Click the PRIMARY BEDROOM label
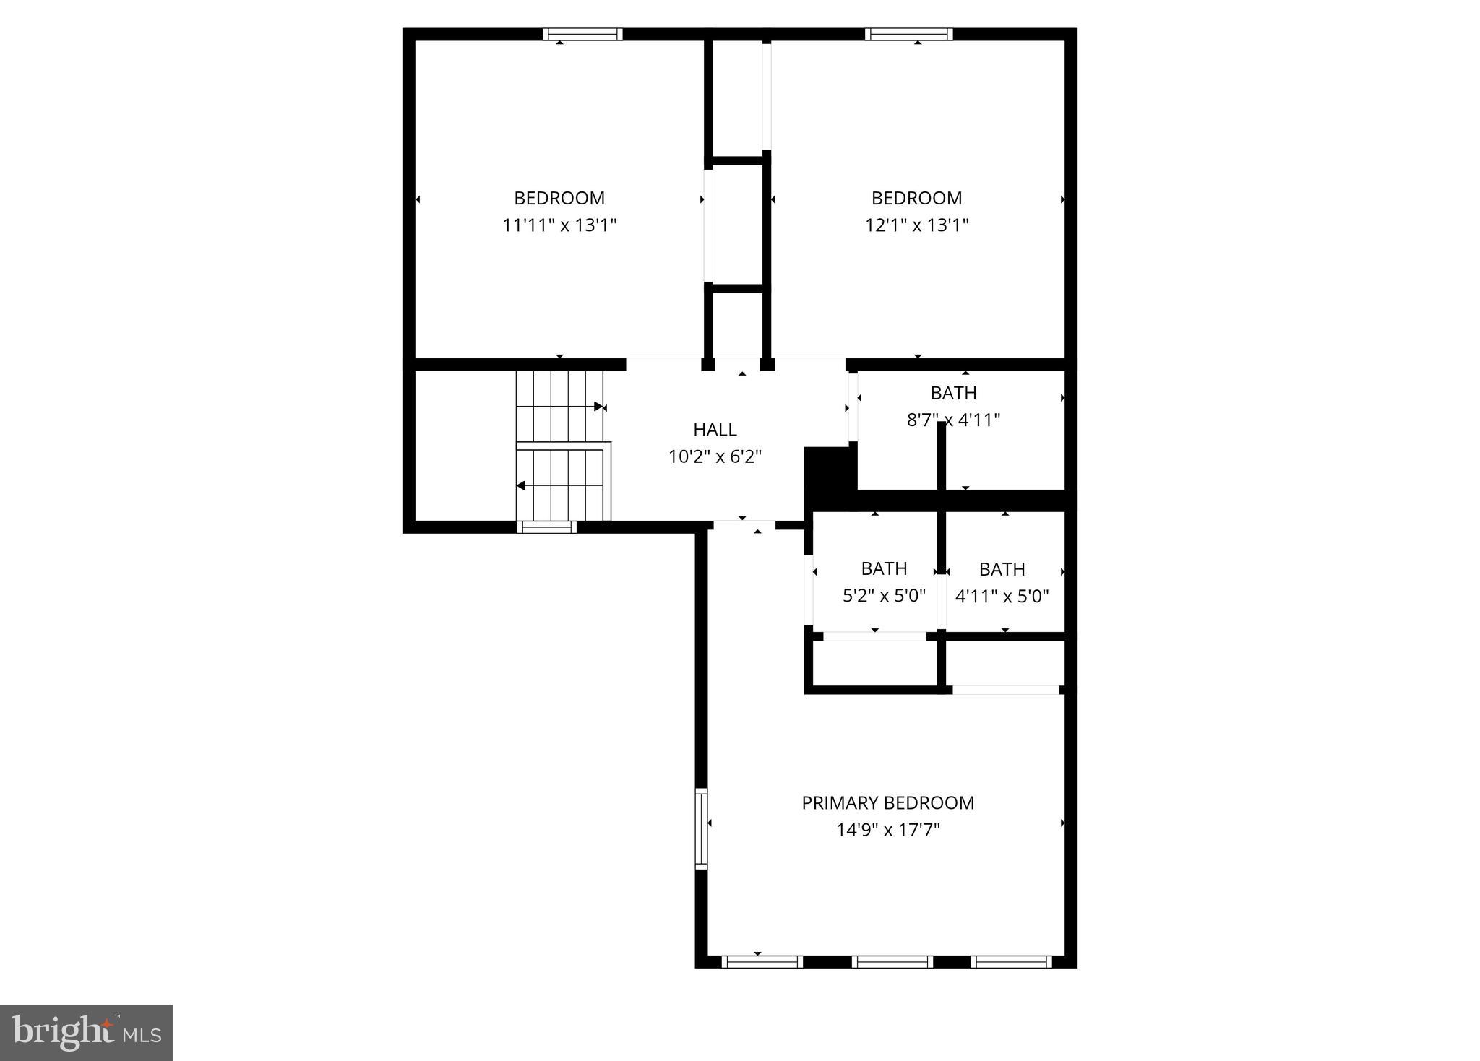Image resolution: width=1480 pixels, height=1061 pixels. (887, 802)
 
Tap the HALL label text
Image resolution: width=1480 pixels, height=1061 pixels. (715, 430)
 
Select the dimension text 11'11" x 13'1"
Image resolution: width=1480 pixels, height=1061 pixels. (559, 225)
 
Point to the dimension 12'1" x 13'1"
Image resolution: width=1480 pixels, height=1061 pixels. (916, 225)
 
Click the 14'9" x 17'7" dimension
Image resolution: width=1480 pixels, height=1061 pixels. (887, 830)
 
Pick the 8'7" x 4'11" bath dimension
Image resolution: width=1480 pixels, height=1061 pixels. (953, 420)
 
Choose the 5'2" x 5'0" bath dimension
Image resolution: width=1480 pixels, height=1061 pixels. (884, 596)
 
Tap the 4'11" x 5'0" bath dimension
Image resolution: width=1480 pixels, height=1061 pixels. (1002, 597)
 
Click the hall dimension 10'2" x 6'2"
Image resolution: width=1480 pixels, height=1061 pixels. (715, 456)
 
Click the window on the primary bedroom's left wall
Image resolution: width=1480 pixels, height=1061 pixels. (700, 828)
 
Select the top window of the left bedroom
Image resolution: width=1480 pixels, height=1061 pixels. (582, 34)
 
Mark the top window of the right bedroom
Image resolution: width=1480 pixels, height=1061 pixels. (908, 34)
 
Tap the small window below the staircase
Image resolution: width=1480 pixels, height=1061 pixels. (546, 527)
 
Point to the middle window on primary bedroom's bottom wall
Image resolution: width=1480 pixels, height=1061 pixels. (892, 962)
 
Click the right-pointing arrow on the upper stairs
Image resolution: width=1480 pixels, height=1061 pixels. (597, 407)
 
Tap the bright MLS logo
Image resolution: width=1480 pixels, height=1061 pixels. (86, 1032)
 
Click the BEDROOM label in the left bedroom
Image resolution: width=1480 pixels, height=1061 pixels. (559, 198)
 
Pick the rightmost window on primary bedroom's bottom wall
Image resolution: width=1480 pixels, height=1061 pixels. (1010, 962)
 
